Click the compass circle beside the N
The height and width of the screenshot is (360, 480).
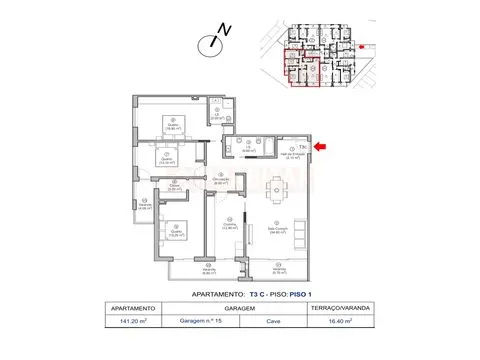[x=210, y=44]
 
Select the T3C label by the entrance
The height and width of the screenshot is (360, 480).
[x=302, y=146]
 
